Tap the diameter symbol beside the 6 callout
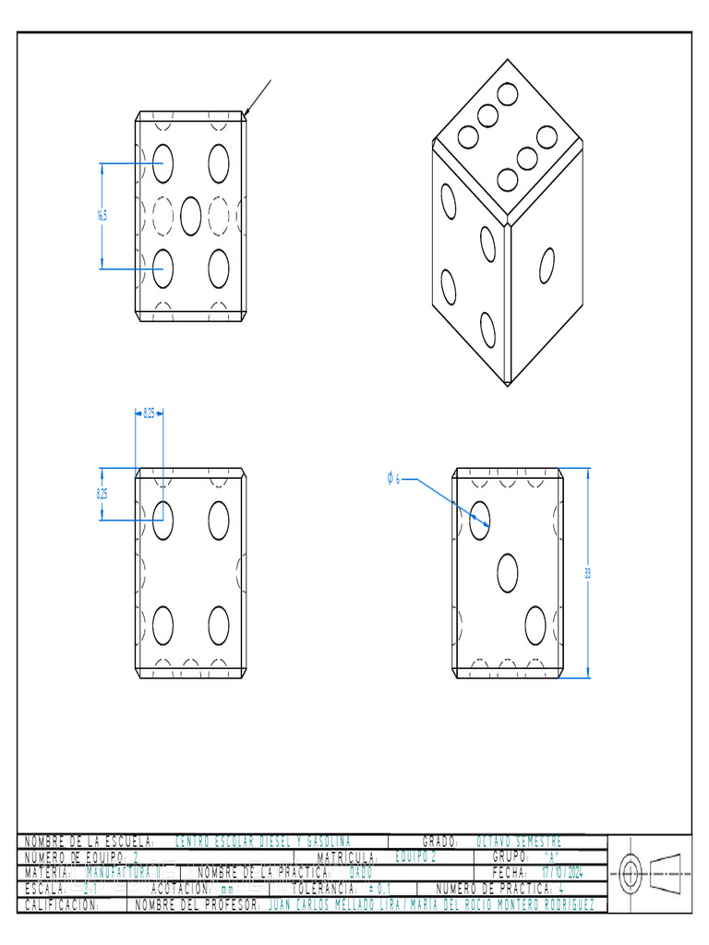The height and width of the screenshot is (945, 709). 390,478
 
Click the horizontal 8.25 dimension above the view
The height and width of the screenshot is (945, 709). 149,414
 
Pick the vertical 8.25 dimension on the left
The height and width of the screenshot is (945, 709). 102,494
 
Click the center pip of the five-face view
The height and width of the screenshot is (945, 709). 191,216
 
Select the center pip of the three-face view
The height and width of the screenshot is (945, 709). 507,573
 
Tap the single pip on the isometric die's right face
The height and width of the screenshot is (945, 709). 547,266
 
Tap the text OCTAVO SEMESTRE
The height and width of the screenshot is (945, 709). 518,842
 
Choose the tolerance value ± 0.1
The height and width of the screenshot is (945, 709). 379,889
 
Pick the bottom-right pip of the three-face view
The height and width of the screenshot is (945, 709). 535,625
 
